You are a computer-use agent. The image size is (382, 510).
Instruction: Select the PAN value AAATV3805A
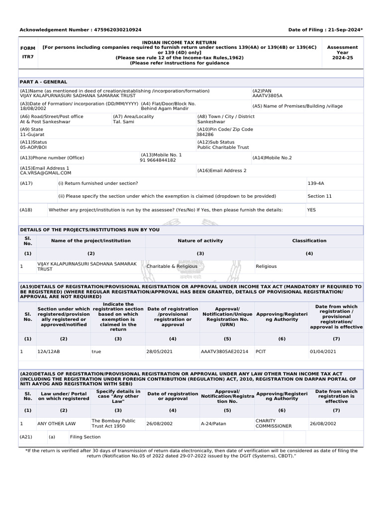267,96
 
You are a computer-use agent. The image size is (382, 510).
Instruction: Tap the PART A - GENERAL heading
43,82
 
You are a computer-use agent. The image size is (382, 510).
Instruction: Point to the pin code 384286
205,134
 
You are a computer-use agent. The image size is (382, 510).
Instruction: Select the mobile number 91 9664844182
158,160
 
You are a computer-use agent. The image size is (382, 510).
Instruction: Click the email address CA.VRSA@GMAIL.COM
46,173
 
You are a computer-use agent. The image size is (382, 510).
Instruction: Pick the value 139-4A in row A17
315,184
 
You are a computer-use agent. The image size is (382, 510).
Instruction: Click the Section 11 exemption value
319,196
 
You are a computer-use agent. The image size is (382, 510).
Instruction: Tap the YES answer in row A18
311,210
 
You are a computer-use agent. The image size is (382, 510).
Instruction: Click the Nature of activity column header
200,241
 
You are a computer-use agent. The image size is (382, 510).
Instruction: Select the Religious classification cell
266,266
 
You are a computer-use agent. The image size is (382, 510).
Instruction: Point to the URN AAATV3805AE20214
224,352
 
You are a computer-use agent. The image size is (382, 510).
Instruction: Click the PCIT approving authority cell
261,352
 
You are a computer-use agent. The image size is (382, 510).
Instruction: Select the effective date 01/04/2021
323,352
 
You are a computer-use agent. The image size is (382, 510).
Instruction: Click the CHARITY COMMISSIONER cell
273,423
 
